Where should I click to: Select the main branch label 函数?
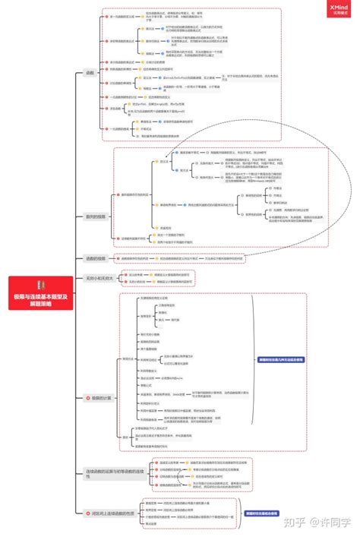(90, 73)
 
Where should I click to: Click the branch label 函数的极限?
(96, 258)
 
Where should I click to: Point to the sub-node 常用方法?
(128, 359)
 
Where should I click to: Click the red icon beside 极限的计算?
(87, 397)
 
